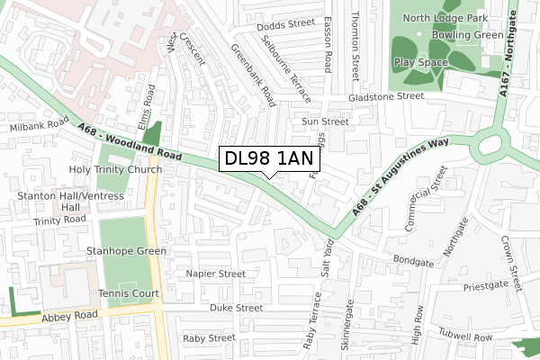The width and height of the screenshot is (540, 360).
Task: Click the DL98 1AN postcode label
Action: click(269, 159)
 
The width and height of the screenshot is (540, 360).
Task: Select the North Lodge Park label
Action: click(446, 18)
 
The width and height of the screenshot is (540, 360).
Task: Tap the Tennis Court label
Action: click(129, 293)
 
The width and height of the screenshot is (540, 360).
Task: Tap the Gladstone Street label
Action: click(386, 95)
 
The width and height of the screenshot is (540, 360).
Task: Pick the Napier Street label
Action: click(215, 274)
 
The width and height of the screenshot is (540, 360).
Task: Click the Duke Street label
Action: click(235, 308)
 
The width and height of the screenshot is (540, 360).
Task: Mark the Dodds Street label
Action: click(285, 25)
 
